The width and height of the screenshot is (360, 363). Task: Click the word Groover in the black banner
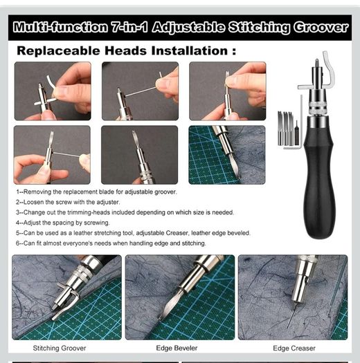click(321, 28)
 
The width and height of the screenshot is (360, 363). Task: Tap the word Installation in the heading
click(190, 50)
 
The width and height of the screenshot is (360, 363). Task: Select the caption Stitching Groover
click(60, 348)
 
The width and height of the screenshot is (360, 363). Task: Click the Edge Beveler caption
click(177, 348)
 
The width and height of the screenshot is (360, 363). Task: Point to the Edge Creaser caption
click(294, 348)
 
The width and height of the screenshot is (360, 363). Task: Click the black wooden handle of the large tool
click(318, 183)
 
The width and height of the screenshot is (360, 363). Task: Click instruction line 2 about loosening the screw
click(68, 202)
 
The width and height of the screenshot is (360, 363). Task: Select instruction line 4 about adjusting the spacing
click(62, 223)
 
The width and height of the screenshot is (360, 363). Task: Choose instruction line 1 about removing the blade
click(96, 192)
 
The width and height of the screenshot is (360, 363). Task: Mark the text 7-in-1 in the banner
click(129, 28)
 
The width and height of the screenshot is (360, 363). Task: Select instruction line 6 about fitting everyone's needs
click(111, 243)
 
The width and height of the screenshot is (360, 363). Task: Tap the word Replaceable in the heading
click(59, 51)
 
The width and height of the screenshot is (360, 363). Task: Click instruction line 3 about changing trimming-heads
click(125, 212)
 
